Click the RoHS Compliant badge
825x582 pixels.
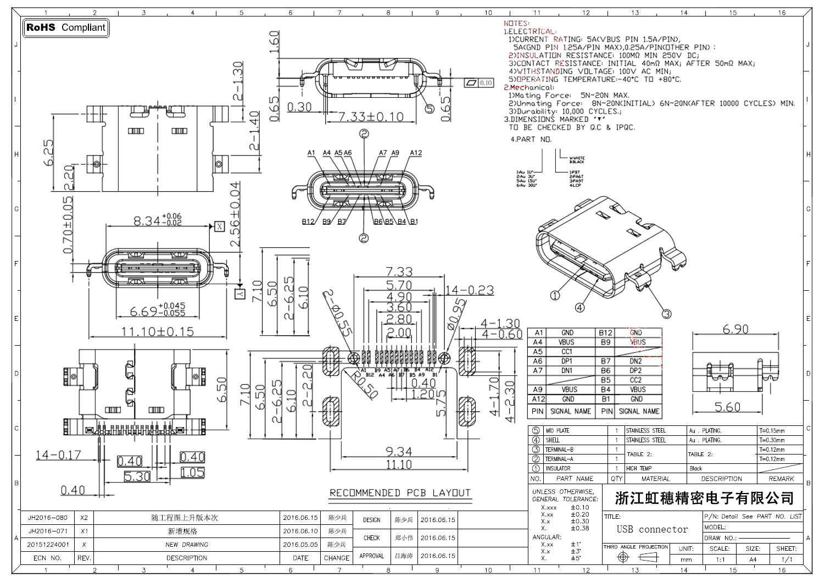(66, 27)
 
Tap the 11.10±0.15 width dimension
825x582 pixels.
(157, 331)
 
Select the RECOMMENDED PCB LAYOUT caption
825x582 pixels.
(400, 492)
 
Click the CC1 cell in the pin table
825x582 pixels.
(567, 352)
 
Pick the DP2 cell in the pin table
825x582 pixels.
(636, 370)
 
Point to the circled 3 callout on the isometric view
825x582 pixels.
(666, 314)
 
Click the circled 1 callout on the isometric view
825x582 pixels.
(554, 296)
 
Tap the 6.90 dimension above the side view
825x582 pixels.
(735, 329)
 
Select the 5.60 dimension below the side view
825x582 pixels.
(727, 407)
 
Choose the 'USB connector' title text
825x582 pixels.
(652, 529)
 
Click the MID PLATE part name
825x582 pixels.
(557, 431)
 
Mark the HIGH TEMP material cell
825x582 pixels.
(639, 469)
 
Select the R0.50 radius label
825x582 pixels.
(365, 385)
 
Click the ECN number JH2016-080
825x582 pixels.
(48, 518)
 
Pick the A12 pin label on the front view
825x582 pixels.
(416, 153)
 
